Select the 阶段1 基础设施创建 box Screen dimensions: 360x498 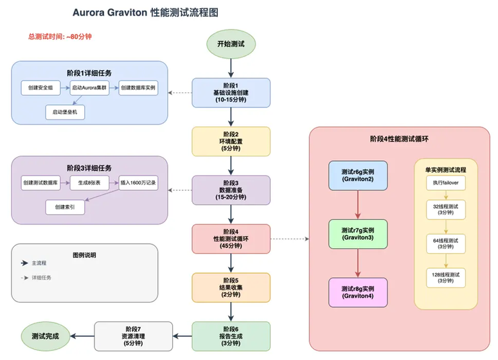click(231, 93)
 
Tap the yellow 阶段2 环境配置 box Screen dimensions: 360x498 click(231, 141)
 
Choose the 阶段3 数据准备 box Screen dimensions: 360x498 click(231, 190)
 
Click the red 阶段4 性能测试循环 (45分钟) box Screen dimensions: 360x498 click(231, 239)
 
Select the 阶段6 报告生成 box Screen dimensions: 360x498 click(231, 336)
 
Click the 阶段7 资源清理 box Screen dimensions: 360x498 click(134, 336)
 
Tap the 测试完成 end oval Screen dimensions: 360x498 click(44, 336)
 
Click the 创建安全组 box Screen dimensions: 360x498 click(39, 87)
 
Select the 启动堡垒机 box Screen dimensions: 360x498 click(65, 112)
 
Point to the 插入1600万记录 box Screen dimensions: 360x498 click(138, 183)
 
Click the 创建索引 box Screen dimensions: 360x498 click(65, 208)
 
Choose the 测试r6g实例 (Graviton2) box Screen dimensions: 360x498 click(358, 175)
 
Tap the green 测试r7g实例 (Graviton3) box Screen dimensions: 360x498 click(358, 234)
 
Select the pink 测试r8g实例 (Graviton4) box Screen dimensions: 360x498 click(358, 292)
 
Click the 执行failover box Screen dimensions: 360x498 click(445, 183)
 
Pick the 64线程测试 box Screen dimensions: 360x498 click(445, 243)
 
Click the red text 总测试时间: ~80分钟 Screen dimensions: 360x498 click(60, 37)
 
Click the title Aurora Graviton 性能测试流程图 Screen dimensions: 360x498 click(150, 12)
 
